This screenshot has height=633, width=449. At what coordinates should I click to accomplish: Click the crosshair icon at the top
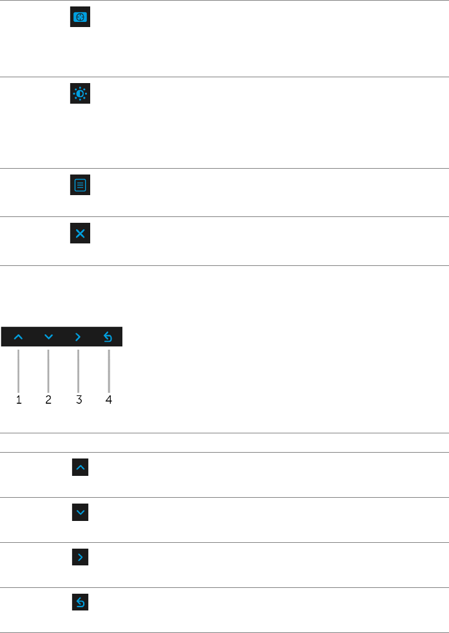pos(80,17)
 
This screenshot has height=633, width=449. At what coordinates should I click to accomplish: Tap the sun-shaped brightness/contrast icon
pos(80,95)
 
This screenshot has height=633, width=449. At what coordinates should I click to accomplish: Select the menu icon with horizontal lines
pos(80,186)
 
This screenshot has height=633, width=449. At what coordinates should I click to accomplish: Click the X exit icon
pos(80,234)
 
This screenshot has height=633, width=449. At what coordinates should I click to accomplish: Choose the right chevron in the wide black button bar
pos(78,337)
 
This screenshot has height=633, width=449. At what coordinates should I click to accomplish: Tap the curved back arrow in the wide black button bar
pos(108,337)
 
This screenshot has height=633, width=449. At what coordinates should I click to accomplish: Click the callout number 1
pos(19,400)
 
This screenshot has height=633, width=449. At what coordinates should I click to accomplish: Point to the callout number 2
pos(48,400)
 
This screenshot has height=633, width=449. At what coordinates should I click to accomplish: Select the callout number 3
pos(79,400)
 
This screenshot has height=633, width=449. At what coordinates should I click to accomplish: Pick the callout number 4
pos(109,400)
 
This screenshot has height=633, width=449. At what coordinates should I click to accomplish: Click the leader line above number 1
pos(19,370)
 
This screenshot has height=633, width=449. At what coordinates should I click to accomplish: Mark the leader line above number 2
pos(48,370)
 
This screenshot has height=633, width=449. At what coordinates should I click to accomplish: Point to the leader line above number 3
pos(78,370)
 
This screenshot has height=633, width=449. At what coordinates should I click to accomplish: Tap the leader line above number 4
pos(109,370)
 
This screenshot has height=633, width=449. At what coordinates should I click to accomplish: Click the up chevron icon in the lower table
pos(80,468)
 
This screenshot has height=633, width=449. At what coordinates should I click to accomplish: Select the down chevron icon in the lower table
pos(80,513)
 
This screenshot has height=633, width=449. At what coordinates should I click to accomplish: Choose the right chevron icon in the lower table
pos(80,558)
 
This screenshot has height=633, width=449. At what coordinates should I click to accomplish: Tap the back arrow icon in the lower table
pos(80,603)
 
